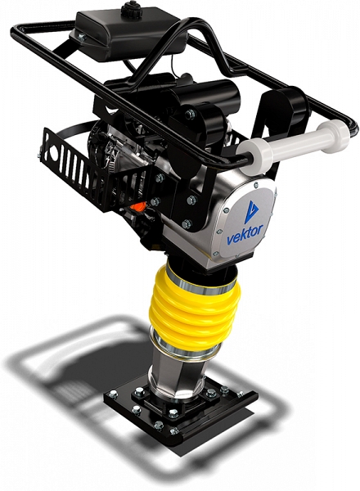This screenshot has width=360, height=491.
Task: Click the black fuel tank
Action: tap(128, 34)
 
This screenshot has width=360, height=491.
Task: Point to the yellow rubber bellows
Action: tap(194, 310)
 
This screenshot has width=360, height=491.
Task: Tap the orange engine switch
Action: tap(138, 207)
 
